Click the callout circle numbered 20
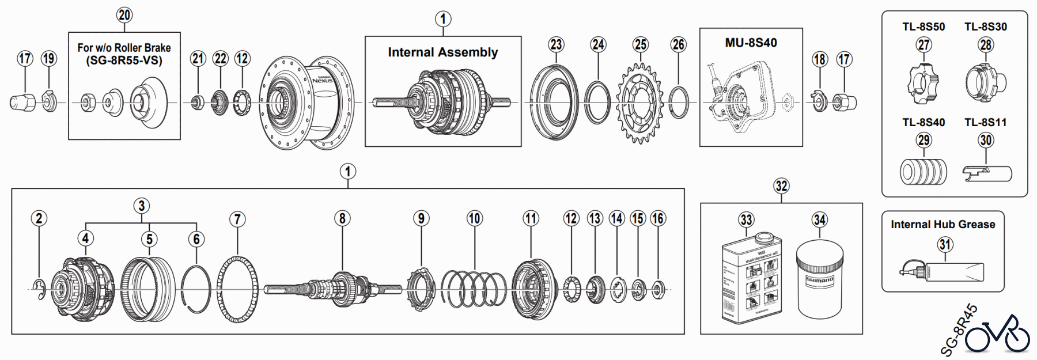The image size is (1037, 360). [124, 15]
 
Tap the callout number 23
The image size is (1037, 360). [556, 44]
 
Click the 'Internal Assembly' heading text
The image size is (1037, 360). [442, 52]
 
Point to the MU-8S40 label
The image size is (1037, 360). [751, 43]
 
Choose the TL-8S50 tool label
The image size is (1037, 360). [924, 26]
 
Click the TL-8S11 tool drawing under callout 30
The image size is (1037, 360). [987, 172]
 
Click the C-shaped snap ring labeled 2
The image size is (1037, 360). [39, 289]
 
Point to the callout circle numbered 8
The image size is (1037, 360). [342, 218]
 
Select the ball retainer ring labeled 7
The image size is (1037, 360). [237, 289]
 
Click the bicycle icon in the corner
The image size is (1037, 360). [997, 334]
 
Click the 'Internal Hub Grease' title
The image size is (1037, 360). [943, 225]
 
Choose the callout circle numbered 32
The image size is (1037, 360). [781, 186]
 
